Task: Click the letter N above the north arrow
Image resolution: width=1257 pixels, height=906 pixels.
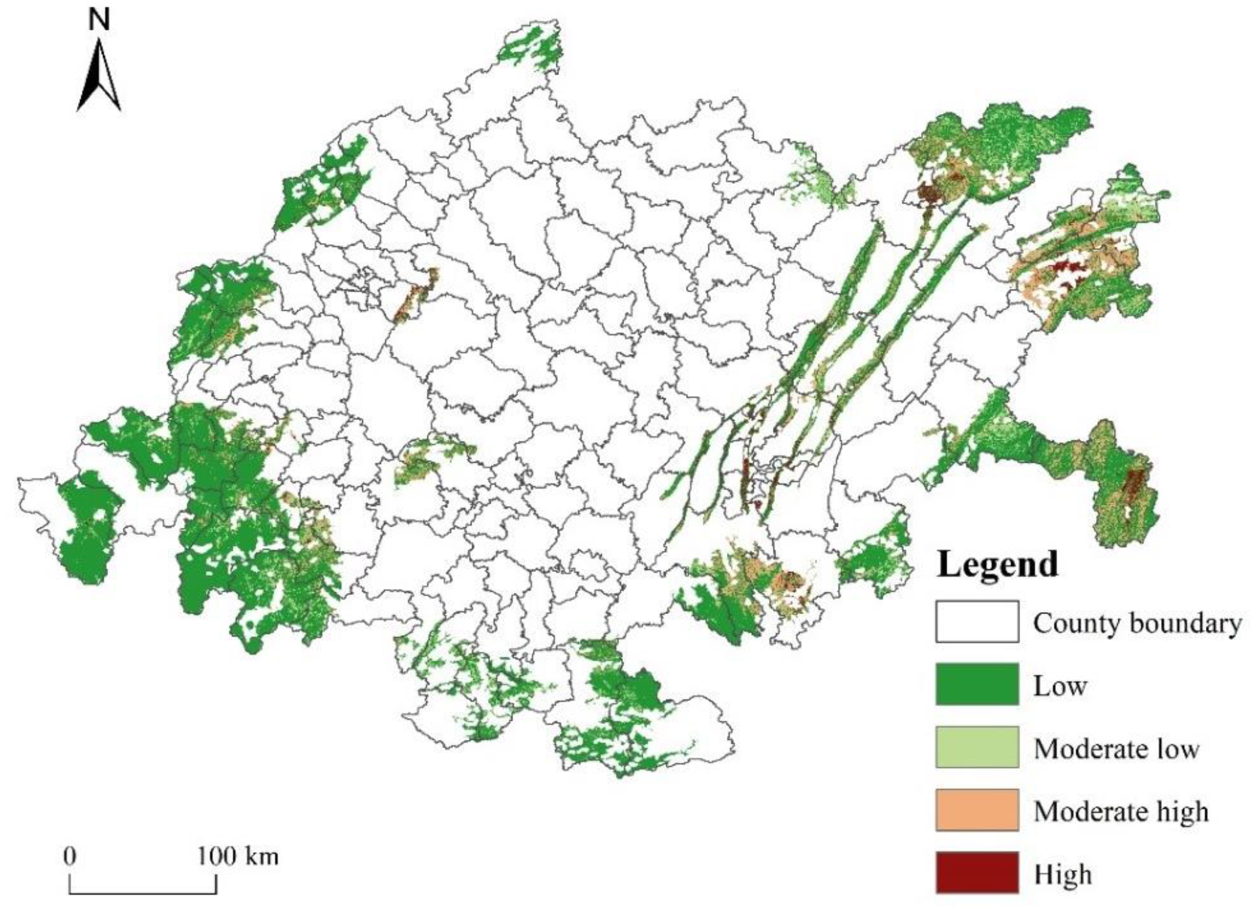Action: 99,21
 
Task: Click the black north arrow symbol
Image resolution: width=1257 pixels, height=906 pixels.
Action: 99,78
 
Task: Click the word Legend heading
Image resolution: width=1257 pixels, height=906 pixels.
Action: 997,564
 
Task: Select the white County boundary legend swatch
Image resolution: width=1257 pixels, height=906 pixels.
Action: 977,622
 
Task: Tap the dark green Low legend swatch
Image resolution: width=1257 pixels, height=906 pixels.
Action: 977,684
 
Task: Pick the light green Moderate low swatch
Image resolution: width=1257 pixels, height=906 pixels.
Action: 977,747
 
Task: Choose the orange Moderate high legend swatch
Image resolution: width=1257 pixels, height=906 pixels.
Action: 977,809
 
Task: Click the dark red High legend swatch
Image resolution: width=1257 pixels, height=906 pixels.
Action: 977,872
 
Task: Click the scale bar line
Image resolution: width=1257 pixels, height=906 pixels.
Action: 143,893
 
